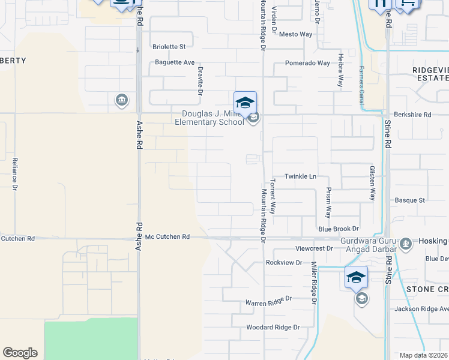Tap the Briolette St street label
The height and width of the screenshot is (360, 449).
tap(169, 46)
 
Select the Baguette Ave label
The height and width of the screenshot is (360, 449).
tap(175, 62)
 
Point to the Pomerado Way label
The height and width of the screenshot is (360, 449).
tap(307, 63)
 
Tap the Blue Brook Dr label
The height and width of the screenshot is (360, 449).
tap(338, 229)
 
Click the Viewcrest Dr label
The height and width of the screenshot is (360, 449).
tap(313, 248)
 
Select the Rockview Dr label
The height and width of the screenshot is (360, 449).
tap(284, 263)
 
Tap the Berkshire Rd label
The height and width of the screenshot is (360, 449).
tap(412, 115)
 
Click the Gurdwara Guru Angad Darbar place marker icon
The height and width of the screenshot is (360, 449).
tap(406, 243)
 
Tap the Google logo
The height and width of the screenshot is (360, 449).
tap(20, 353)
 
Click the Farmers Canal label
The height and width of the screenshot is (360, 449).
tap(362, 85)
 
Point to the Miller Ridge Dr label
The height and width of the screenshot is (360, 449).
tap(313, 282)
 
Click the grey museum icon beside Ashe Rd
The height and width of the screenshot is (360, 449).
tap(122, 100)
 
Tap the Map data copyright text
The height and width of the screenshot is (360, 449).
tap(424, 355)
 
